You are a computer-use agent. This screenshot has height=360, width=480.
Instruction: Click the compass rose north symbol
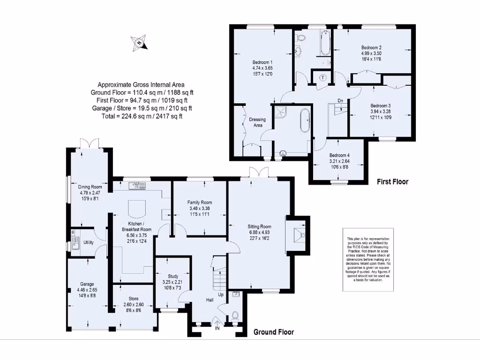tap(140, 43)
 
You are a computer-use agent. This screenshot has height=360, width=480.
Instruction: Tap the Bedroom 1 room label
tap(262, 62)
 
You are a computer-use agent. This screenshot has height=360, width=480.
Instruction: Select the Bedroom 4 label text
tap(339, 156)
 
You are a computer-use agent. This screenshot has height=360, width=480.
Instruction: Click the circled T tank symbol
tap(323, 77)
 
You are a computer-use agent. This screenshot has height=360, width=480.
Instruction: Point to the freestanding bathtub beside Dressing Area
tap(305, 121)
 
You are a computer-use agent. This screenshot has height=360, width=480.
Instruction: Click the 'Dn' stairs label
tap(340, 100)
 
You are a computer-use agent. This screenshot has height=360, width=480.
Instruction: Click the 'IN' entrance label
tap(217, 329)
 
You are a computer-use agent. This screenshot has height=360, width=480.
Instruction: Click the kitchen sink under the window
tap(140, 186)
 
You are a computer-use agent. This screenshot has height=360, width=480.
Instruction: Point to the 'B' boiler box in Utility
tap(73, 232)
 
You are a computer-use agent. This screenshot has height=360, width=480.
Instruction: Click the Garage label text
tap(87, 284)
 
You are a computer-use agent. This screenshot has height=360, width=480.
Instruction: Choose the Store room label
tap(133, 299)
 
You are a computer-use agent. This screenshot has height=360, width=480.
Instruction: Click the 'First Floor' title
tap(393, 182)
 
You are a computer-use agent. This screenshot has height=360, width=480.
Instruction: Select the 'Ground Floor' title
tap(274, 332)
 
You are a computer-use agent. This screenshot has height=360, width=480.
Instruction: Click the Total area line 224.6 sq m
tap(142, 116)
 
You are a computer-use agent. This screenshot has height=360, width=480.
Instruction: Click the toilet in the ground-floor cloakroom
tap(235, 316)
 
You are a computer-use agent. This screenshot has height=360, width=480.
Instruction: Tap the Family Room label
tap(200, 202)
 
